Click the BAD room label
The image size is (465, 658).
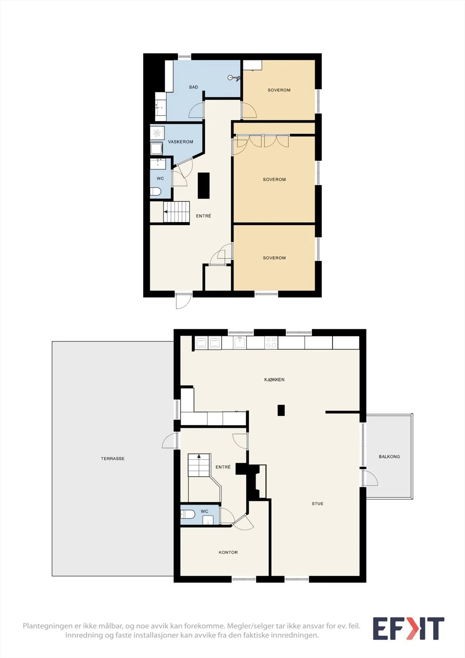tap(193, 87)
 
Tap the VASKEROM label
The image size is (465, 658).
tap(180, 142)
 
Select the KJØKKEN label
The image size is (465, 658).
tap(274, 380)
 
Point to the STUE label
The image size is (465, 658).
tap(317, 503)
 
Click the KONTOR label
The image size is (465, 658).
tap(228, 552)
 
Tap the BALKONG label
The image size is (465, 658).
tap(389, 456)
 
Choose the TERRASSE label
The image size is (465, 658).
tap(113, 458)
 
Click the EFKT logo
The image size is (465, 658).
tap(408, 628)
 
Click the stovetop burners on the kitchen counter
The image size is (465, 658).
tap(271, 343)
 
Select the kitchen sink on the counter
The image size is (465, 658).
tap(240, 342)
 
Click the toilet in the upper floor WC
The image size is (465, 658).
tap(155, 192)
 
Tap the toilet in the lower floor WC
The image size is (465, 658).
tap(187, 514)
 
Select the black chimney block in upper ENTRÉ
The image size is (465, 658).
tap(204, 185)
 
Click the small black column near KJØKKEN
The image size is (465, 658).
tap(281, 410)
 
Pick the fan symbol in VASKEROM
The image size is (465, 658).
tap(157, 133)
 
